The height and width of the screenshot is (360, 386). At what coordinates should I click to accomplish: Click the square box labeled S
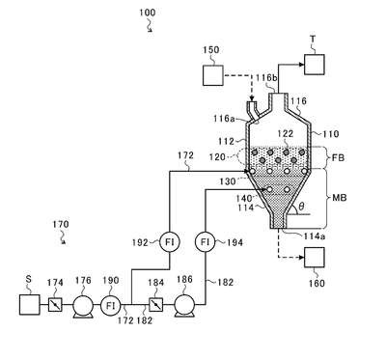point(30,304)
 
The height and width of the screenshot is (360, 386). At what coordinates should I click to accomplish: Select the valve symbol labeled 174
point(55,304)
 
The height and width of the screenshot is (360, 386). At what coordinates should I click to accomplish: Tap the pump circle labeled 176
point(83,305)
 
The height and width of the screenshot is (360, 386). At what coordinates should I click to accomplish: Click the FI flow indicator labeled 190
point(111,305)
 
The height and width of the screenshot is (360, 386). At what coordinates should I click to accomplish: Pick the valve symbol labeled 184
point(155,304)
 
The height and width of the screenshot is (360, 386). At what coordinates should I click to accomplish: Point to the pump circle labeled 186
point(184,305)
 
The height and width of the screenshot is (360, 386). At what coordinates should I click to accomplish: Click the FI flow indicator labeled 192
point(170,241)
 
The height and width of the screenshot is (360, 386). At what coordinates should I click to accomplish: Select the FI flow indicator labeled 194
point(206,241)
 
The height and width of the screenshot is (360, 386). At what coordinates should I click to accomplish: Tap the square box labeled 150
point(213,75)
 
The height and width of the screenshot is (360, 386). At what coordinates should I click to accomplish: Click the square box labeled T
point(315,65)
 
